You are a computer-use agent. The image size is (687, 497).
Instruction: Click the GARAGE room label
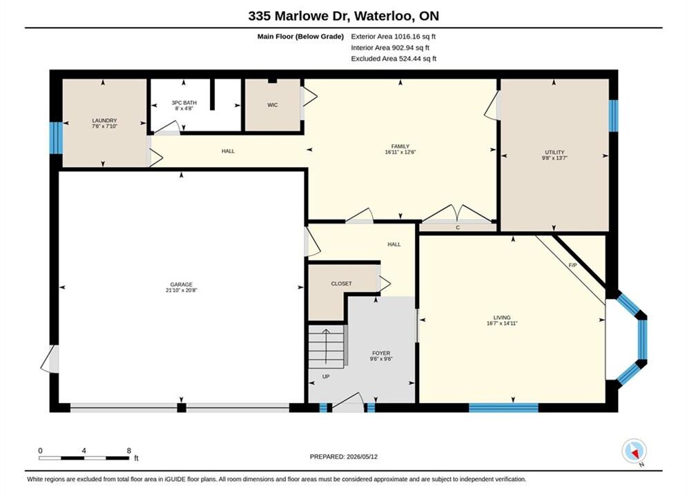tap(181, 284)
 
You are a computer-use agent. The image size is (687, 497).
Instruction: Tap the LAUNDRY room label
tap(104, 120)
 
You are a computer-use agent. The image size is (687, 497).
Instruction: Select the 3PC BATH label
tap(184, 102)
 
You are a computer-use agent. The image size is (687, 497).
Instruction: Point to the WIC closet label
tap(273, 105)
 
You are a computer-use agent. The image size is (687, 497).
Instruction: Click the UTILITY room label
tap(554, 153)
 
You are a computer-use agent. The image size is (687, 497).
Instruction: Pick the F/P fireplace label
tap(572, 265)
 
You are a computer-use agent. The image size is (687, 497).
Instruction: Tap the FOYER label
tap(381, 353)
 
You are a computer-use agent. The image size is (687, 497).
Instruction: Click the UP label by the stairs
tap(326, 377)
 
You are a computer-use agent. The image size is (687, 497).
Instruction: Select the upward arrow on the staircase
tap(326, 346)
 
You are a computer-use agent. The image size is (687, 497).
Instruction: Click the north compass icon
tap(634, 451)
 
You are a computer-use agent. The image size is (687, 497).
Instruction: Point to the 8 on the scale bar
tap(129, 451)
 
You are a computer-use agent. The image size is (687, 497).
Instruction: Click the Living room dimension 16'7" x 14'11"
tap(502, 324)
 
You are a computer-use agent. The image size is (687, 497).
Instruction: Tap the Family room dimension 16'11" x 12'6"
tap(400, 153)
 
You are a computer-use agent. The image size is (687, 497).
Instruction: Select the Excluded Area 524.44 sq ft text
tap(394, 59)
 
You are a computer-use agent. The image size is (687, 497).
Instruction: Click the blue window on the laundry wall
tap(56, 138)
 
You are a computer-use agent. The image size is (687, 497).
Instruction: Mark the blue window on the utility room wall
tap(613, 115)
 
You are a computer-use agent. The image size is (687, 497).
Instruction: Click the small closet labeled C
tap(458, 227)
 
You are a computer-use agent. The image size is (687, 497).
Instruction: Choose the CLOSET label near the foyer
tap(341, 284)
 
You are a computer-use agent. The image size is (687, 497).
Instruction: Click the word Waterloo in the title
tap(384, 16)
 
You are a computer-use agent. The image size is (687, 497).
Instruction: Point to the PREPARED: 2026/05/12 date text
tap(344, 457)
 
